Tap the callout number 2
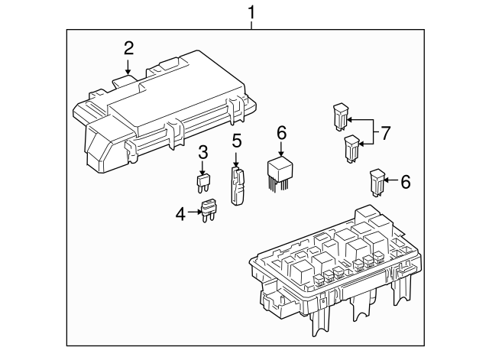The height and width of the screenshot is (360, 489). [x=128, y=49]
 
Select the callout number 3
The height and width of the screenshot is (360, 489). [x=202, y=151]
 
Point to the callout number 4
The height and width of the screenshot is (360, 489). [x=180, y=215]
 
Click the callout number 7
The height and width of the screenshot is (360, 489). [x=385, y=133]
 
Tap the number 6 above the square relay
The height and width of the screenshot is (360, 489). [x=281, y=134]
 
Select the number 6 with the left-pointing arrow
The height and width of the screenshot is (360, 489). [x=405, y=182]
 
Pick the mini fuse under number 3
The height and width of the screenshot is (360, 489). [x=202, y=183]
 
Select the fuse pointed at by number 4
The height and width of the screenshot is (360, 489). [x=209, y=209]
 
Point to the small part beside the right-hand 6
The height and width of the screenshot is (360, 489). [x=377, y=180]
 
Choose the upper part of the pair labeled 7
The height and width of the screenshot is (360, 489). [x=339, y=115]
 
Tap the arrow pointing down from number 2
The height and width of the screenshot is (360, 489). [x=128, y=67]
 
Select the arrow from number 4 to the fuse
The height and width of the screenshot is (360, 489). [x=194, y=213]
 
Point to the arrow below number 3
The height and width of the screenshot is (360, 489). [x=202, y=166]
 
